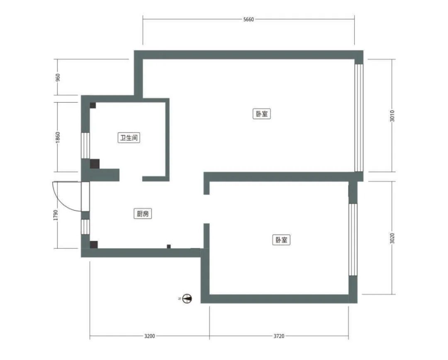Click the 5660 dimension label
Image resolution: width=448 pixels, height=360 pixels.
[248, 20]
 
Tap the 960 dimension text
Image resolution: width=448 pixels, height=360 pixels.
[58, 78]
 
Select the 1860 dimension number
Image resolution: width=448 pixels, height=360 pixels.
[58, 137]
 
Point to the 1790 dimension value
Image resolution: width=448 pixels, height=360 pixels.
[56, 216]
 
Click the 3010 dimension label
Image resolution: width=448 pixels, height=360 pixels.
[392, 116]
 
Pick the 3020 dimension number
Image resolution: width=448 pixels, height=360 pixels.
[392, 238]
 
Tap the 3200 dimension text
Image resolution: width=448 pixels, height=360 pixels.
[149, 336]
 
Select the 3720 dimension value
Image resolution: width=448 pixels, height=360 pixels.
[279, 336]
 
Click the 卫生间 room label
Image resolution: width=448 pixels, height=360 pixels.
[129, 138]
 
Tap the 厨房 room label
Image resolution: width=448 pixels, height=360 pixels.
[143, 213]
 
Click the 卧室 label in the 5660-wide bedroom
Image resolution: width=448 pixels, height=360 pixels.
[262, 114]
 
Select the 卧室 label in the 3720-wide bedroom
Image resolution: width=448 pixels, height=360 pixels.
[281, 240]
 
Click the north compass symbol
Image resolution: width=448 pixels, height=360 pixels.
[187, 299]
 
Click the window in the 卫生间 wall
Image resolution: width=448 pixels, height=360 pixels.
[85, 146]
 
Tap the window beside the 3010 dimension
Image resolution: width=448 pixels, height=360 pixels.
[358, 118]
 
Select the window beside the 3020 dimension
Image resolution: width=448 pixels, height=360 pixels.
[353, 240]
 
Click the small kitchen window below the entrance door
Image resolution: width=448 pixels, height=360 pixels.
[85, 227]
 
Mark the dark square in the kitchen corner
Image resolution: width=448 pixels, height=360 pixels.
[94, 245]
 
